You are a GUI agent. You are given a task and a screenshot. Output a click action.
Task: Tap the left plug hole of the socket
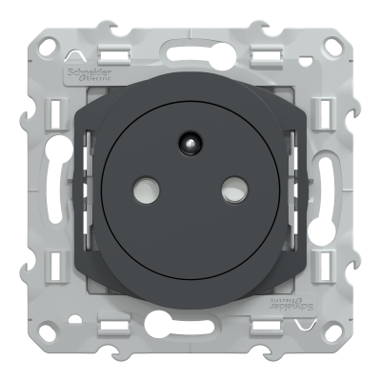click(152, 190)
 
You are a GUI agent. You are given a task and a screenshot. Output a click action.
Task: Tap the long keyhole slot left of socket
click(52, 190)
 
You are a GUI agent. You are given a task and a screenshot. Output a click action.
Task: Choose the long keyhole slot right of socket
click(329, 190)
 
